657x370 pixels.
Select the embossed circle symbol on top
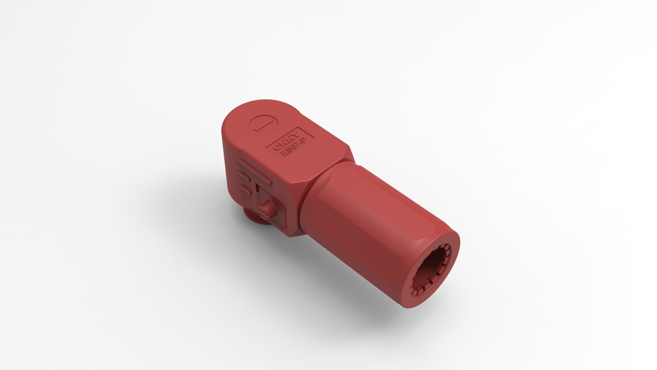click(x=261, y=124)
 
